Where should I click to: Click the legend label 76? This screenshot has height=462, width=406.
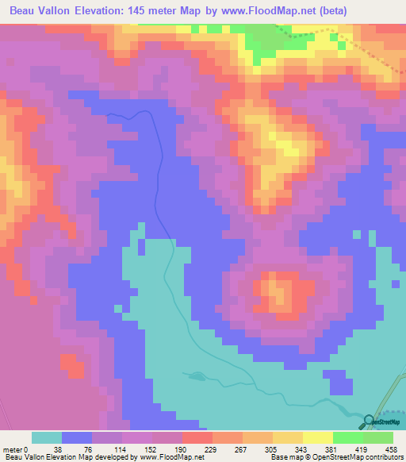pyautogui.click(x=90, y=449)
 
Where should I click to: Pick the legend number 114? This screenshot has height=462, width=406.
pyautogui.click(x=120, y=449)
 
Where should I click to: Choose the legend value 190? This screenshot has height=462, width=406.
pyautogui.click(x=180, y=449)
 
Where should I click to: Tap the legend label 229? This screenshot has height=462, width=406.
pyautogui.click(x=211, y=449)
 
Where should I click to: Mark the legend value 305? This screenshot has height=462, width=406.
pyautogui.click(x=271, y=449)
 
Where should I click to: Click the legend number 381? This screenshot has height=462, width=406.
pyautogui.click(x=331, y=449)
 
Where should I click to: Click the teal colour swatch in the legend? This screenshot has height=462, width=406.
pyautogui.click(x=47, y=437)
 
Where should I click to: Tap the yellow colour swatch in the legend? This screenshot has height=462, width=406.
pyautogui.click(x=317, y=437)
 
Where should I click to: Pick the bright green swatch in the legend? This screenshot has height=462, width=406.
pyautogui.click(x=347, y=437)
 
